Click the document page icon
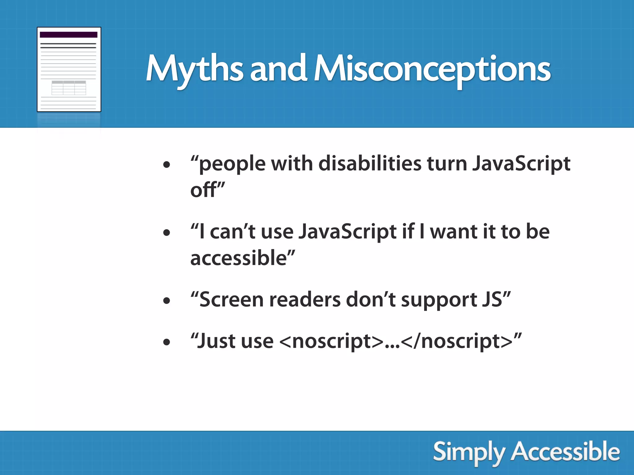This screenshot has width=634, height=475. pos(69,69)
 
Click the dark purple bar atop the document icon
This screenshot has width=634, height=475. pos(68,35)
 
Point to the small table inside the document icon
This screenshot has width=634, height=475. pos(69,88)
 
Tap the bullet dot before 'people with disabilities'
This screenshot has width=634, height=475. pos(167,165)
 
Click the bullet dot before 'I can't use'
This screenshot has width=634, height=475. pos(167,233)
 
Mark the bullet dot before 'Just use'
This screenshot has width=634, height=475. pos(167,342)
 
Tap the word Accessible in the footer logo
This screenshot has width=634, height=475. pos(565,452)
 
